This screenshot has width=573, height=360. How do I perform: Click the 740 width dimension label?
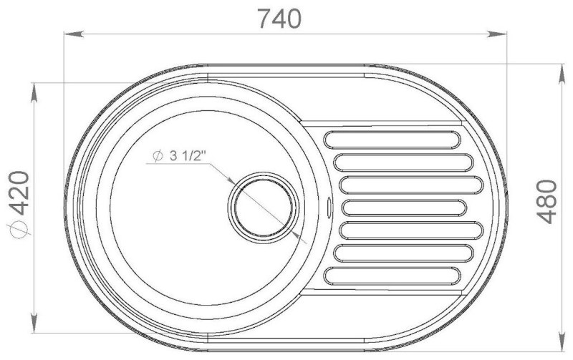pyautogui.click(x=279, y=19)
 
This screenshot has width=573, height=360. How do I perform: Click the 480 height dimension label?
pyautogui.click(x=546, y=202)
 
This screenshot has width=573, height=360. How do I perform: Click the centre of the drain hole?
pyautogui.click(x=264, y=208)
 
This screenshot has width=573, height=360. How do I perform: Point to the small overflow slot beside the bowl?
pyautogui.click(x=329, y=206)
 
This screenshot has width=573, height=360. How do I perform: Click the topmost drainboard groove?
pyautogui.click(x=392, y=140)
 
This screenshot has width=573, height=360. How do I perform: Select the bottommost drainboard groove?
pyautogui.click(x=392, y=276)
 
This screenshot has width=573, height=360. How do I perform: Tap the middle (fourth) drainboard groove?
pyautogui.click(x=404, y=208)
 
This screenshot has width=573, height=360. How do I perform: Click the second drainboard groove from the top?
pyautogui.click(x=403, y=162)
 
